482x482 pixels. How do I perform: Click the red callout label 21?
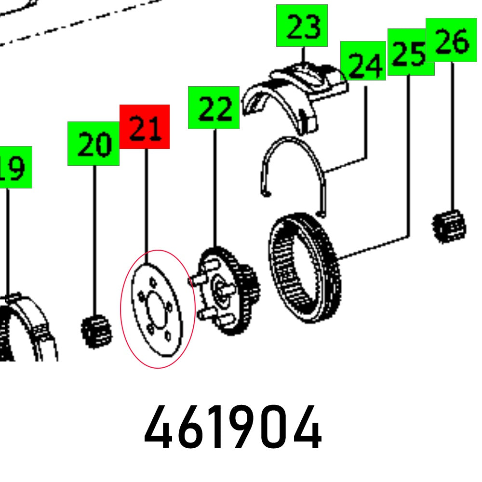click(x=145, y=127)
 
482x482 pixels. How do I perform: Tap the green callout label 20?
click(x=94, y=144)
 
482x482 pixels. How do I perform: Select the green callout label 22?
click(x=214, y=108)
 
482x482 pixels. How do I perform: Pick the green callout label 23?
click(x=302, y=26)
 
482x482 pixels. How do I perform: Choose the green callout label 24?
click(x=363, y=61)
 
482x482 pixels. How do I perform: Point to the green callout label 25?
click(x=410, y=52)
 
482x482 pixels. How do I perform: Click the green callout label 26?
click(x=451, y=40)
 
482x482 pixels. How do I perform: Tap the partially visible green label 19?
click(x=14, y=167)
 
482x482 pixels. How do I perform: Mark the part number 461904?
click(x=232, y=427)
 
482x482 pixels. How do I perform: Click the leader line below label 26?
click(x=453, y=135)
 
